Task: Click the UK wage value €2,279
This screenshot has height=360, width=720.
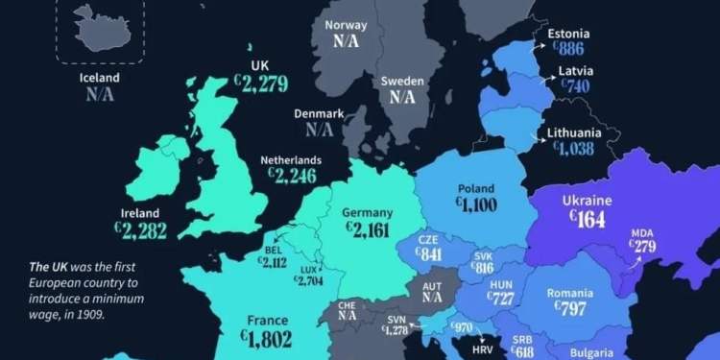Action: [260, 84]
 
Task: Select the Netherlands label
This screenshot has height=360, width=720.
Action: [291, 160]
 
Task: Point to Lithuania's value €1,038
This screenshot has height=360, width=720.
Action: [573, 149]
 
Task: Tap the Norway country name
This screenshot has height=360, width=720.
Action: [347, 26]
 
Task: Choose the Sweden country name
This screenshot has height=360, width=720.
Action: [402, 82]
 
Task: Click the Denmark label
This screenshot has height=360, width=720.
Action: [319, 113]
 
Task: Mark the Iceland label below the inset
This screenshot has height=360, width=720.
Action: [100, 78]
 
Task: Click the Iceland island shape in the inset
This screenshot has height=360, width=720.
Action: [98, 28]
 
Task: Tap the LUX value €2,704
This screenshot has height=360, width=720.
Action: [308, 280]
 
